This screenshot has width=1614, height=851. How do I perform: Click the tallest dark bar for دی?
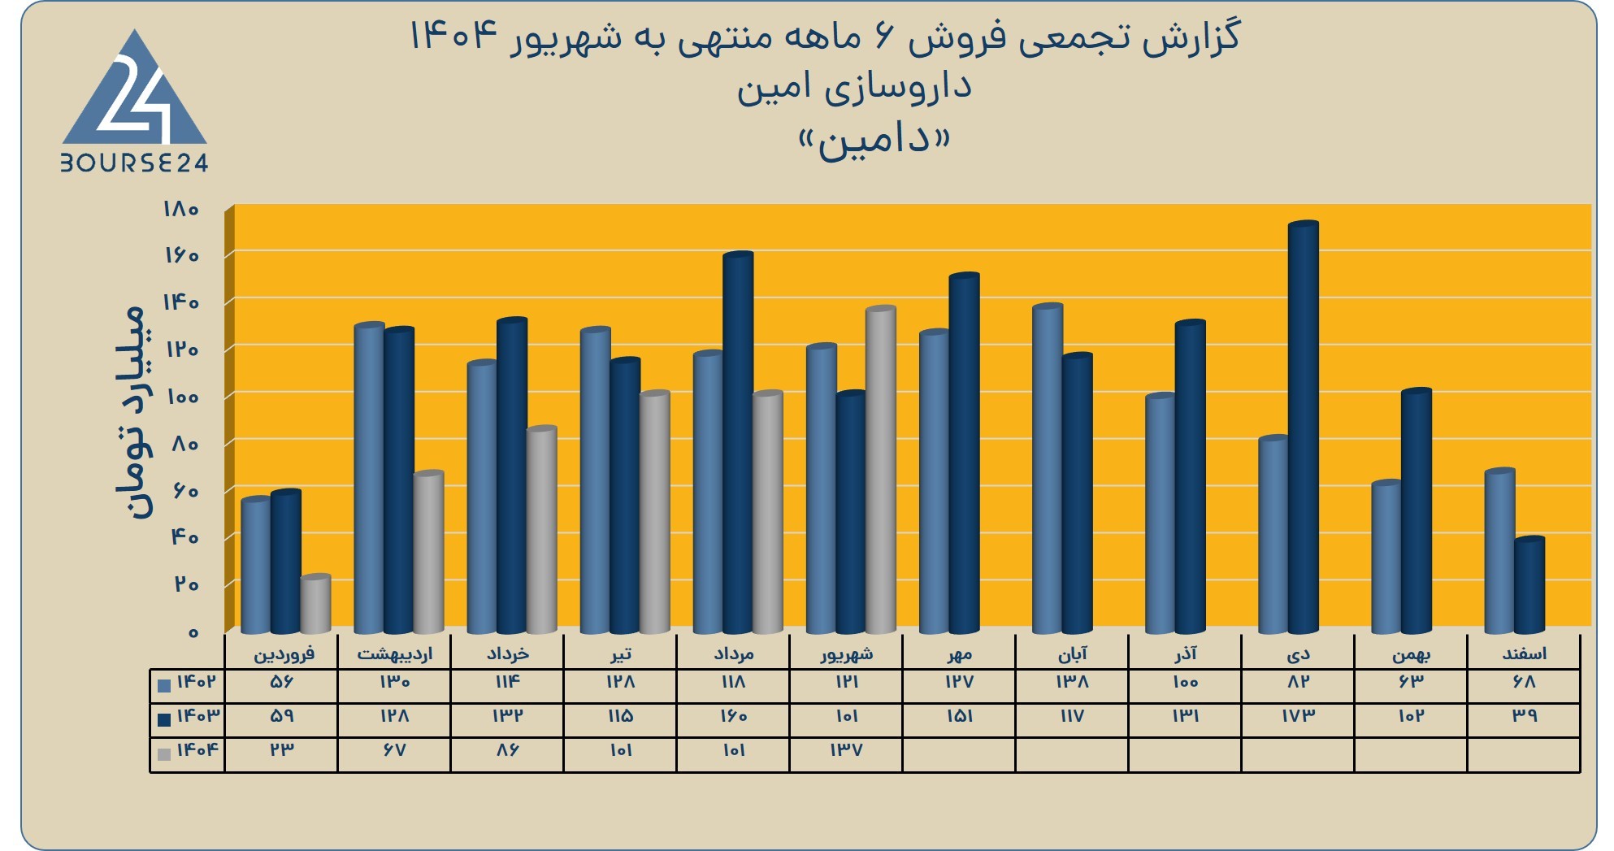tap(1304, 428)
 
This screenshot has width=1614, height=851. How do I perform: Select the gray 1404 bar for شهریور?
tap(881, 470)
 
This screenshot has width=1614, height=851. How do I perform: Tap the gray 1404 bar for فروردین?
tap(315, 604)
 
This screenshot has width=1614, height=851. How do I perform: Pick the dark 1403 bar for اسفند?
tap(1529, 585)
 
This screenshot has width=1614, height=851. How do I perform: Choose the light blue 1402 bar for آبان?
tap(1048, 468)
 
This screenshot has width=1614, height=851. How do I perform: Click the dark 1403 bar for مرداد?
tap(738, 443)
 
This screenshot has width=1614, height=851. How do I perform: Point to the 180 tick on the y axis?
tap(180, 209)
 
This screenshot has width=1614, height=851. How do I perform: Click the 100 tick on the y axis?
tap(180, 397)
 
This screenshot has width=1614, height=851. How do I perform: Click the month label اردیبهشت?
tap(395, 653)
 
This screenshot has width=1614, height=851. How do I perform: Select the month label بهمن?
tap(1411, 653)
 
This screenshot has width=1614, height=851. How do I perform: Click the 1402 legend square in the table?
tap(164, 685)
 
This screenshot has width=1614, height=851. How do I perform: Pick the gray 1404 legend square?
tap(164, 753)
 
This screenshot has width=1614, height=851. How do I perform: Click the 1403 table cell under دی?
tap(1298, 716)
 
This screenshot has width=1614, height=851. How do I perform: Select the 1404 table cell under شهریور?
tap(846, 750)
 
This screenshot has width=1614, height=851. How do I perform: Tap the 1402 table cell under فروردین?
tap(281, 682)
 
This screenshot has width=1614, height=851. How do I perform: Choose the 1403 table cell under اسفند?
tap(1524, 716)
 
